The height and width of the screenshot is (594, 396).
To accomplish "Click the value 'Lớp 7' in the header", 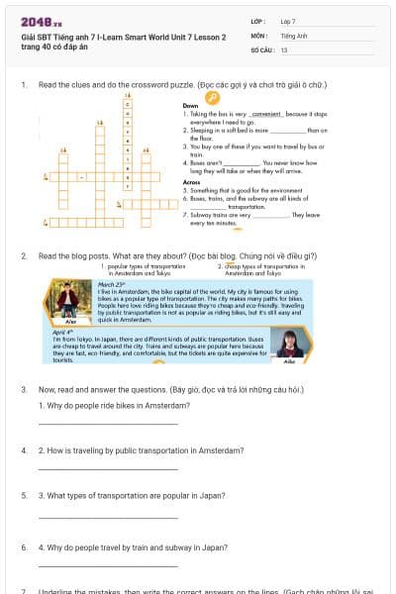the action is pyautogui.click(x=288, y=21).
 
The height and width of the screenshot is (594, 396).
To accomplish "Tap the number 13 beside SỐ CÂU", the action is pyautogui.click(x=284, y=49).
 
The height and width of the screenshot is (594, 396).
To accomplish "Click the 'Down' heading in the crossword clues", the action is pyautogui.click(x=191, y=105).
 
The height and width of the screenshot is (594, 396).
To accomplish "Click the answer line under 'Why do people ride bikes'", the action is pyautogui.click(x=108, y=424).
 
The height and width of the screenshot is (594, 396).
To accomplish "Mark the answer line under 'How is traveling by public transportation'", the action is pyautogui.click(x=108, y=468).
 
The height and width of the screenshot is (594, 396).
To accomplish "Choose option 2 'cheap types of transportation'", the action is pyautogui.click(x=261, y=268).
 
